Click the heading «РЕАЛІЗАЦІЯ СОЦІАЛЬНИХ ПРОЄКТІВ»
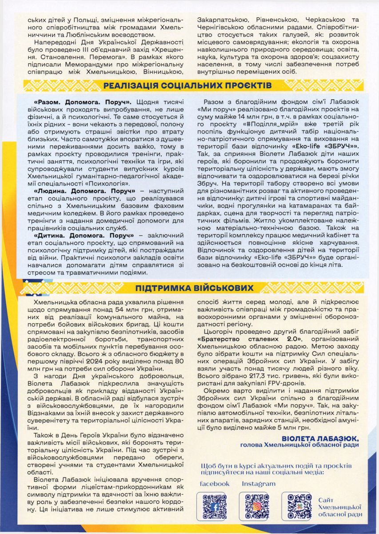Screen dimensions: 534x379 (187, 85)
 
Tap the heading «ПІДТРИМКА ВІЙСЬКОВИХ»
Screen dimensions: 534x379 (188, 287)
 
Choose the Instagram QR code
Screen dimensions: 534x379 (257, 506)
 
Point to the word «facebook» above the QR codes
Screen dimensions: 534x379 (215, 484)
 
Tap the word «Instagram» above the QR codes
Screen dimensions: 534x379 (259, 484)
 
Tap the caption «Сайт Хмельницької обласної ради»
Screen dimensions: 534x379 (340, 507)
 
